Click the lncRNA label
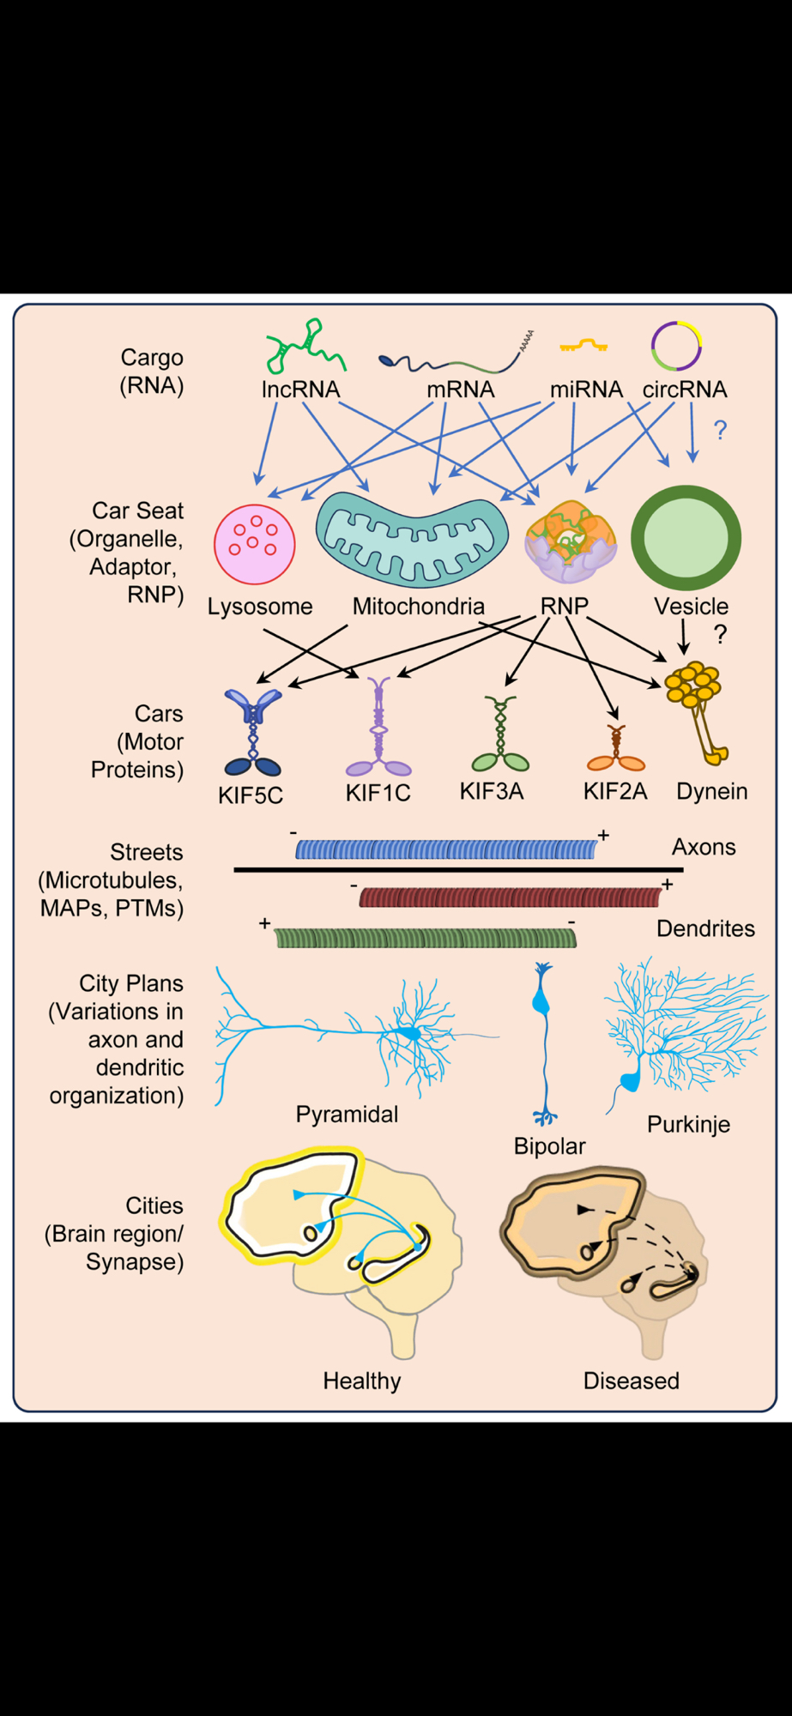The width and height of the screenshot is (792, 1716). (300, 390)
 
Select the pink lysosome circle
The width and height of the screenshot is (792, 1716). (255, 544)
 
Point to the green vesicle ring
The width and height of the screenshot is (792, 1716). (686, 538)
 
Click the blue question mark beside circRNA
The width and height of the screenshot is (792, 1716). (721, 430)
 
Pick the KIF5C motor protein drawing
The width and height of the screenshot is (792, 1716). (252, 732)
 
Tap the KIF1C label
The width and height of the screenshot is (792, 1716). (378, 793)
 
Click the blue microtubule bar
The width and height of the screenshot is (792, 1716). (446, 849)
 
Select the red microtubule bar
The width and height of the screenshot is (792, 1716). (510, 897)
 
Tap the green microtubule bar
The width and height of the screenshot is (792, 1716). (426, 938)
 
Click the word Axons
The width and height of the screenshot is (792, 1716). (704, 847)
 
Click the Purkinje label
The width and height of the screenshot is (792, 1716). (688, 1124)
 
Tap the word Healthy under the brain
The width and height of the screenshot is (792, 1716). (362, 1381)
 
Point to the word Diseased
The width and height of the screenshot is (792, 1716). (631, 1381)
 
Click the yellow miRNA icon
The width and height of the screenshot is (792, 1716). (583, 346)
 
